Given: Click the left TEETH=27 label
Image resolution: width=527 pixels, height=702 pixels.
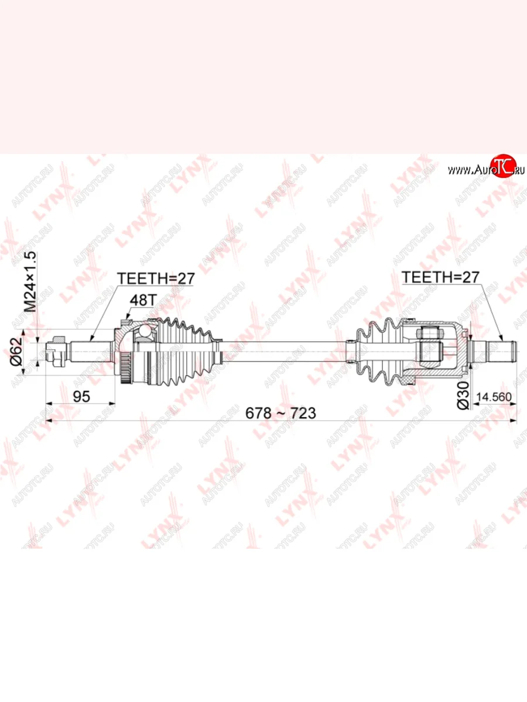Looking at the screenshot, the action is (156, 278).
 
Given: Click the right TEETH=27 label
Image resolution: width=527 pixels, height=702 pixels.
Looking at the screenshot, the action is (440, 277).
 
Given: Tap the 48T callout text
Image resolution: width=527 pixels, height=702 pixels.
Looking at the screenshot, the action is (143, 300).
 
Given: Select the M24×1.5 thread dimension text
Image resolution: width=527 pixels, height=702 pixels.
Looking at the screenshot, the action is (32, 281).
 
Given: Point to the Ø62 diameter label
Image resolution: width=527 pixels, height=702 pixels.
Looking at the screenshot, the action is (16, 352).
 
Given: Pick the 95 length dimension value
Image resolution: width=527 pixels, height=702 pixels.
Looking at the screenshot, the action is (81, 397).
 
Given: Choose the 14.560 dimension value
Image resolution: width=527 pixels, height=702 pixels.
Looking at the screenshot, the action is (494, 397).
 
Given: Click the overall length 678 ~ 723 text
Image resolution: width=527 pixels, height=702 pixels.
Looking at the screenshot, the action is (280, 413).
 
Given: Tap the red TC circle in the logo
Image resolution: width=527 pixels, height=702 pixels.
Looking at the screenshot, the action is (504, 166).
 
